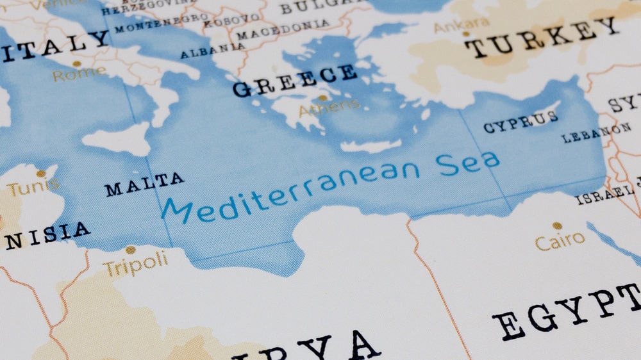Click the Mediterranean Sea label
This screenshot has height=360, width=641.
[330, 184]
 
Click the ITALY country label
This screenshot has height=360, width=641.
[54, 45]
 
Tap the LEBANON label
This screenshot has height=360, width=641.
[596, 133]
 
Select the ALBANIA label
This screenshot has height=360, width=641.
[212, 51]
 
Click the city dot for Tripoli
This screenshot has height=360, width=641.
[131, 250]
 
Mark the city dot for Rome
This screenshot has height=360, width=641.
[77, 63]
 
